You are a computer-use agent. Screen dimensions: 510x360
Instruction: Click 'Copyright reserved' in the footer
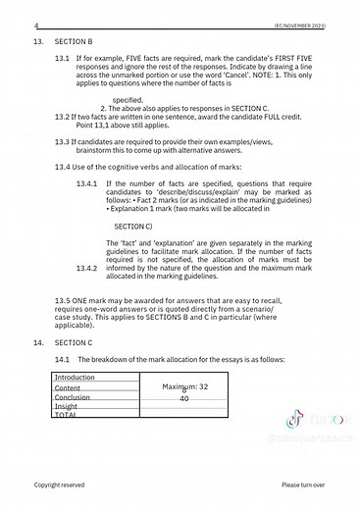pyautogui.click(x=60, y=484)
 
